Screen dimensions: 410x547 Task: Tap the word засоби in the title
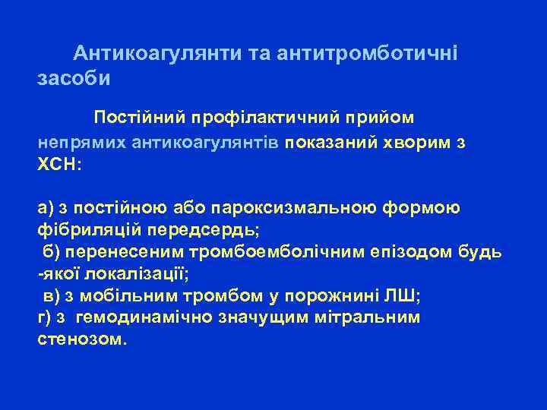[x=74, y=78]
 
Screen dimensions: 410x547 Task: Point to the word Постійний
[x=141, y=118]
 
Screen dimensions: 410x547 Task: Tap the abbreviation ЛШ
[x=398, y=296]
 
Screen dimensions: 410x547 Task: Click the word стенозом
[x=81, y=339]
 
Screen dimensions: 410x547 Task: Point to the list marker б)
[x=49, y=252]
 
